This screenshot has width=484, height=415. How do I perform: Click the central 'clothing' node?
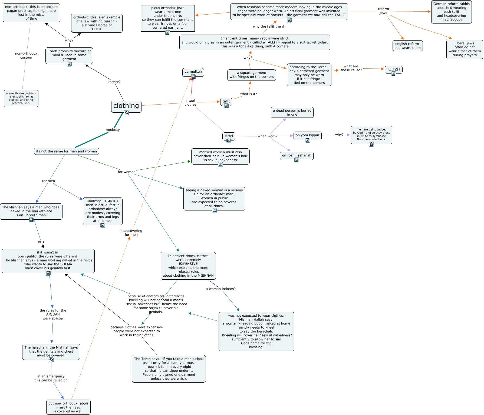click(x=126, y=106)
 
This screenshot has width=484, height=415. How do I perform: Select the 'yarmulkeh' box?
click(x=193, y=72)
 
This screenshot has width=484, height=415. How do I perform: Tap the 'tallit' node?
click(x=226, y=101)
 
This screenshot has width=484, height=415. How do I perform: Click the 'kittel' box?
click(x=229, y=136)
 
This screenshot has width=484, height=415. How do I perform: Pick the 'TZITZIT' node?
click(x=394, y=69)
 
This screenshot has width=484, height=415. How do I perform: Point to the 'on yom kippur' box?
click(x=308, y=135)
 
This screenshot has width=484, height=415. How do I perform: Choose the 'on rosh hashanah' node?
click(x=297, y=155)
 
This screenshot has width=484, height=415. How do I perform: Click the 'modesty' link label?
click(x=113, y=130)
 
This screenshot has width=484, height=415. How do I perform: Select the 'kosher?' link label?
click(x=114, y=82)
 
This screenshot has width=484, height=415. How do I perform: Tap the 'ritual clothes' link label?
click(x=190, y=102)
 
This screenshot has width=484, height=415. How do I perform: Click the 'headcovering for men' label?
click(x=131, y=233)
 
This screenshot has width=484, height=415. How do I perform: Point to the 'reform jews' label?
click(x=383, y=11)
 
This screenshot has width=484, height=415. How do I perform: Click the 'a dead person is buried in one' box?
click(x=292, y=112)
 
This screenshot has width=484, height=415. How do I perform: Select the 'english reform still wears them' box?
click(x=408, y=46)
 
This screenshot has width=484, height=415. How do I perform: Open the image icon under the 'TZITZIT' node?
click(x=394, y=74)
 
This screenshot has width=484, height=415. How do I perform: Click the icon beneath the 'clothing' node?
click(x=126, y=113)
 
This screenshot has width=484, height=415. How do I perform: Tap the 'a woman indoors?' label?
click(x=221, y=289)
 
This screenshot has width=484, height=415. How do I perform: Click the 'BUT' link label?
click(x=41, y=242)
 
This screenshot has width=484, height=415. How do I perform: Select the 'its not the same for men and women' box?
click(x=67, y=151)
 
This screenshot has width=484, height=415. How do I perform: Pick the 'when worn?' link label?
click(x=268, y=136)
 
